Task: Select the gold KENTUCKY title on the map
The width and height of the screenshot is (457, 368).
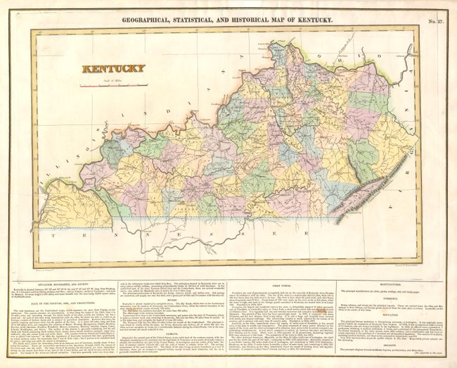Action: tap(113, 69)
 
